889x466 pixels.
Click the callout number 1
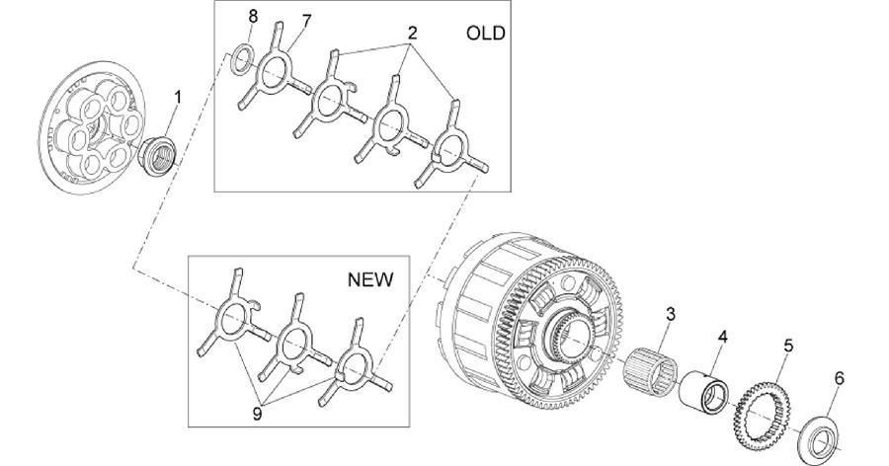178,98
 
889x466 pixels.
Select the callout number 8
253,17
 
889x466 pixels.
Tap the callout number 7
306,22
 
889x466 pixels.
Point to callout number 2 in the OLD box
412,33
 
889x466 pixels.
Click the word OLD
485,33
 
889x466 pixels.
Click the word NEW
369,279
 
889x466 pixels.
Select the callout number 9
258,415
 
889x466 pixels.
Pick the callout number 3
671,314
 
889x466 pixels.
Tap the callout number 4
722,337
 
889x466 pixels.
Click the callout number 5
788,346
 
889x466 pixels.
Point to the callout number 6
839,377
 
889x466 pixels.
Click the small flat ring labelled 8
242,58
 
